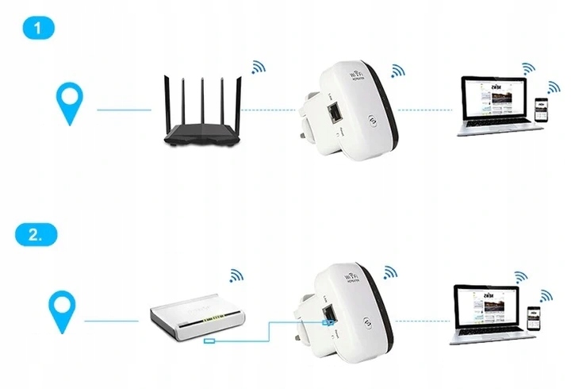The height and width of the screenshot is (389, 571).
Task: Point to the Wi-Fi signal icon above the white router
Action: click(x=236, y=275)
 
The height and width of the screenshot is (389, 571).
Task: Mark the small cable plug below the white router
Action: click(x=209, y=342)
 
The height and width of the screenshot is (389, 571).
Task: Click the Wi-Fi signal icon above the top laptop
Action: click(x=527, y=67)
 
